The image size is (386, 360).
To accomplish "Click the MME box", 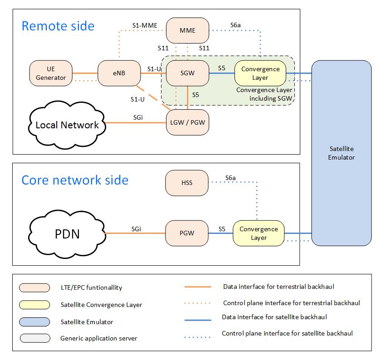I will (187, 30).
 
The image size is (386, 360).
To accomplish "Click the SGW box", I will (187, 73).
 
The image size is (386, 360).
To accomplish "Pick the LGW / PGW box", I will (187, 122).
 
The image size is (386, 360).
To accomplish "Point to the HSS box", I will (187, 183).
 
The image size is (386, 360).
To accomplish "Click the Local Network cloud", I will (67, 125).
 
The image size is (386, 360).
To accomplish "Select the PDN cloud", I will (67, 234).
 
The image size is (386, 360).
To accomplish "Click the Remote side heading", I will (58, 25).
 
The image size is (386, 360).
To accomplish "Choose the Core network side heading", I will (75, 180).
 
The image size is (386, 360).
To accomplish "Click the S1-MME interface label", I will (145, 25).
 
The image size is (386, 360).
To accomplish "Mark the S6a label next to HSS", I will (230, 178).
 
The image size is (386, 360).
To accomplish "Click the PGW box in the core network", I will (187, 233).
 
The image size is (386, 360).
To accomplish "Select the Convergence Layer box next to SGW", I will (260, 73).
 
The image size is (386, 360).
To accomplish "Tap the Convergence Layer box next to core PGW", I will (259, 233).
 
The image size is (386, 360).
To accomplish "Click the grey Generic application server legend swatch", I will (34, 338).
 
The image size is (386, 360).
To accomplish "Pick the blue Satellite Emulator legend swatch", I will (34, 321).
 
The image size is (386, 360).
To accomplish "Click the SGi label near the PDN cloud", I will (136, 229).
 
